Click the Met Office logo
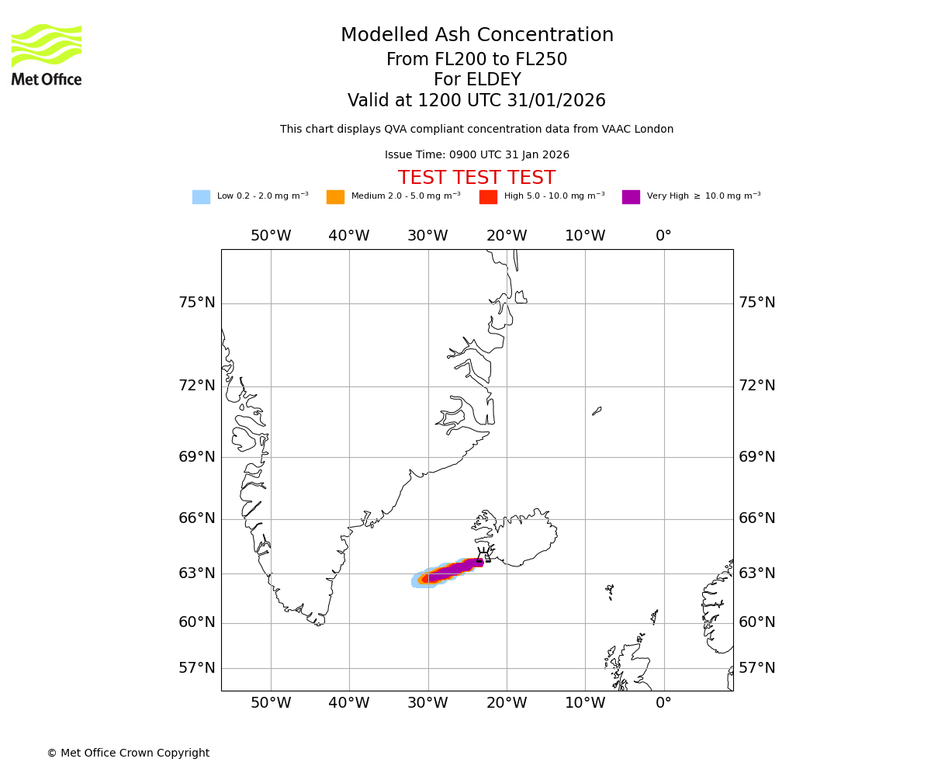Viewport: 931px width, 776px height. [47, 54]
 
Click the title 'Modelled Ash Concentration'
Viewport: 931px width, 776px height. [477, 36]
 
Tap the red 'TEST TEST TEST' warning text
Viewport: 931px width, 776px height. [476, 178]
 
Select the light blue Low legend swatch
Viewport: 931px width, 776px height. [201, 197]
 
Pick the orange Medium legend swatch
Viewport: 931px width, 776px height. [335, 197]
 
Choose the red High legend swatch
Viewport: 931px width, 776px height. [488, 197]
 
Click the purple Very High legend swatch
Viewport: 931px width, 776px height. [631, 197]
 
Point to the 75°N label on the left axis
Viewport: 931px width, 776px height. [197, 303]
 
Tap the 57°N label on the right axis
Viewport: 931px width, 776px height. [756, 668]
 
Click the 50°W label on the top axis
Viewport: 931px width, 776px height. [271, 236]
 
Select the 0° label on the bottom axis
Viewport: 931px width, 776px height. [663, 704]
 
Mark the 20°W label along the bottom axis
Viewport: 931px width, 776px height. [507, 704]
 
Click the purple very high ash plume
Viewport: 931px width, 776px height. [454, 570]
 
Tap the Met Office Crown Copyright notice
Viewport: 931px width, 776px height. [128, 753]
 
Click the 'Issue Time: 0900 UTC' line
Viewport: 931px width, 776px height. [477, 155]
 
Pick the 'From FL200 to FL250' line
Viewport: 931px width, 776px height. [477, 60]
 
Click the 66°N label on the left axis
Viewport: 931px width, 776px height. [197, 518]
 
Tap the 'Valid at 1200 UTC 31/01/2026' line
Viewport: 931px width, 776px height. [477, 101]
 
